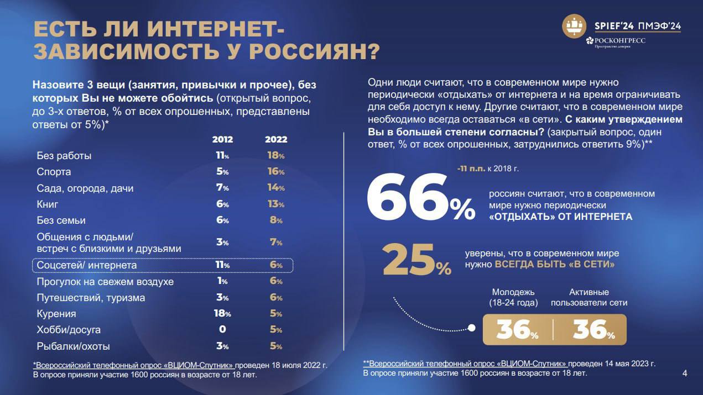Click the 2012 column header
tap(222, 139)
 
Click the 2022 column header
tap(276, 139)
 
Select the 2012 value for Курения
tap(222, 314)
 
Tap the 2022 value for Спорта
tap(276, 172)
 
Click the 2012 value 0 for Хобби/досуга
tap(222, 330)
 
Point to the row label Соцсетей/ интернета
tap(86, 266)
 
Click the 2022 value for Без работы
tap(276, 156)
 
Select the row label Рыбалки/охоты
tap(73, 346)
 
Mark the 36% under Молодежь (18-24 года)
tap(517, 330)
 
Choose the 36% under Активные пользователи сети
tap(593, 330)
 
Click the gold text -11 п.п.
tap(471, 168)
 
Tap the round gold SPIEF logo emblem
tap(574, 27)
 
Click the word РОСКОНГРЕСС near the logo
tap(619, 40)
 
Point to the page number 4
tap(685, 373)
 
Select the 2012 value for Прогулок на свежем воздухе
tap(222, 281)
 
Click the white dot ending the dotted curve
tap(472, 328)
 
